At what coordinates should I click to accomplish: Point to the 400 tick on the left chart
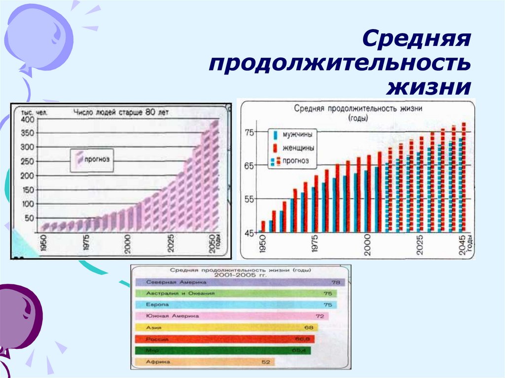pyautogui.click(x=27, y=119)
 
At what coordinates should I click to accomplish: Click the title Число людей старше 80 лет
pyautogui.click(x=121, y=112)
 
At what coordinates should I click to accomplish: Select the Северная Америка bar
pyautogui.click(x=237, y=282)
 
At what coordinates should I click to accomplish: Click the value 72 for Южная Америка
pyautogui.click(x=320, y=316)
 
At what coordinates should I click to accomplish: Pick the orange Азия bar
pyautogui.click(x=227, y=327)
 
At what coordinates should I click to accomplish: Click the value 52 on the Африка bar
pyautogui.click(x=265, y=362)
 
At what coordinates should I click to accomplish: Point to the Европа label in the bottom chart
pyautogui.click(x=154, y=305)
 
